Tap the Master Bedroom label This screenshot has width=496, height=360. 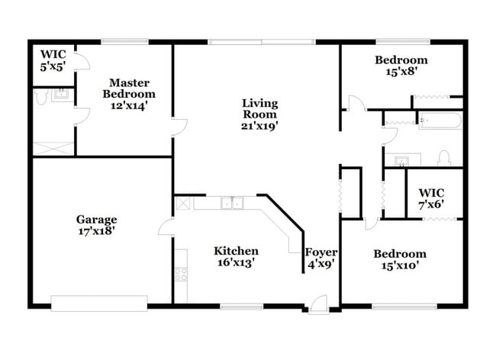(x=129, y=82)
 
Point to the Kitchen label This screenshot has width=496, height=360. (x=235, y=251)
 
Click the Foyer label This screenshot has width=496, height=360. (x=321, y=252)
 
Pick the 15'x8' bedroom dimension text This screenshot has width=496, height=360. (x=401, y=74)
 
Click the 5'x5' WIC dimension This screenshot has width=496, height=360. (x=53, y=66)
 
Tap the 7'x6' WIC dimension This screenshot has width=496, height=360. (x=431, y=204)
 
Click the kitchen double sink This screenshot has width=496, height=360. (x=232, y=203)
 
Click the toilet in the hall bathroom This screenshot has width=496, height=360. (x=444, y=159)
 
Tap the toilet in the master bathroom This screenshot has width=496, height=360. (x=40, y=97)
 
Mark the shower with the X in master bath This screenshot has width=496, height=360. (x=53, y=147)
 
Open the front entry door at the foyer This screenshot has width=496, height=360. (x=319, y=302)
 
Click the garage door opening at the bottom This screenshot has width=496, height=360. (x=98, y=303)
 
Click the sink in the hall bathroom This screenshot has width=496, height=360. (x=402, y=159)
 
